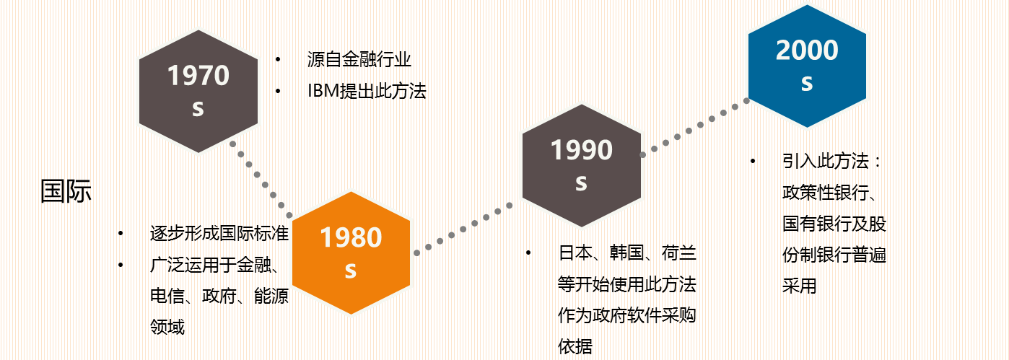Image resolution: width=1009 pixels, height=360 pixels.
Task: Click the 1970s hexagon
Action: [x=198, y=92]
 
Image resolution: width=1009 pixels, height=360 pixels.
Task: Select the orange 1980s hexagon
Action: [x=351, y=253]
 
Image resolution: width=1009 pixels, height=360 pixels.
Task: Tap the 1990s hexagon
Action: [x=582, y=166]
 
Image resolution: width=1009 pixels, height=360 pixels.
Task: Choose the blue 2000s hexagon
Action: [x=807, y=66]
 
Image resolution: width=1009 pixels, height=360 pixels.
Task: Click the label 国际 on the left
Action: [x=66, y=190]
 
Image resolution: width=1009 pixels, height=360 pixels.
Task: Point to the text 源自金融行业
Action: [x=359, y=59]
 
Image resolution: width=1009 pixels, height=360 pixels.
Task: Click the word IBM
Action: [x=323, y=91]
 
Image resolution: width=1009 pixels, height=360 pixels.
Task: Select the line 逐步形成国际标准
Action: [x=219, y=233]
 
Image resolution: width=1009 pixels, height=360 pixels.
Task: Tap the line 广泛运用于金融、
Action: [x=214, y=265]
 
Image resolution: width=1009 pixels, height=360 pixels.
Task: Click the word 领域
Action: [x=167, y=327]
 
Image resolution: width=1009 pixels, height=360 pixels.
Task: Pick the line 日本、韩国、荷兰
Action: [x=627, y=253]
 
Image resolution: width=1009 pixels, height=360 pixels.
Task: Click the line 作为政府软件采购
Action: [x=627, y=315]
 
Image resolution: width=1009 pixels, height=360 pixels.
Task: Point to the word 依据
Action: [x=575, y=346]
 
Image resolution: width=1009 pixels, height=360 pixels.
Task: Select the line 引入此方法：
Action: [x=831, y=161]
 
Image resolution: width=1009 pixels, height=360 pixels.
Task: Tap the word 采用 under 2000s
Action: [x=800, y=286]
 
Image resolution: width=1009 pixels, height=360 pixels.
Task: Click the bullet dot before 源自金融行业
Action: [x=278, y=59]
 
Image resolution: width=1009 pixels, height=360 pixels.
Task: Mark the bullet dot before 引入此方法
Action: [x=753, y=161]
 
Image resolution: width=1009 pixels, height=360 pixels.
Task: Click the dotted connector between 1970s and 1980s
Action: [x=261, y=180]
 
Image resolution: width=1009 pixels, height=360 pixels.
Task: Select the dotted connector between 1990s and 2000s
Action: [x=694, y=128]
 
